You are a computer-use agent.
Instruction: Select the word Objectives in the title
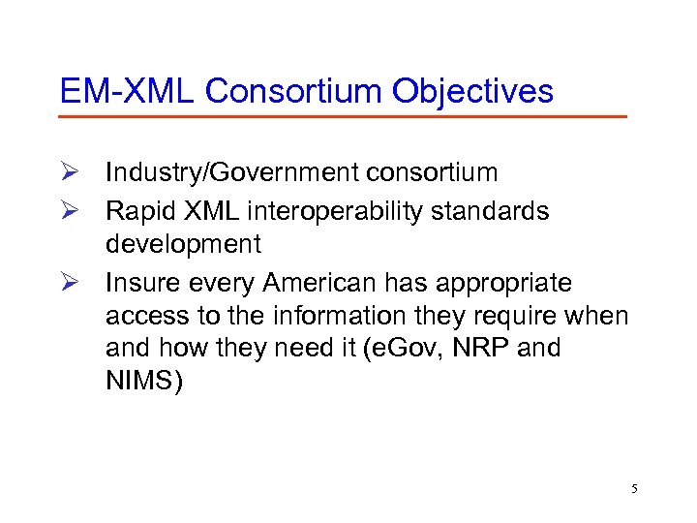[473, 91]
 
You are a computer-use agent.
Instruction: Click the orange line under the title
[343, 117]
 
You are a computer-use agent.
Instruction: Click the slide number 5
[635, 489]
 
